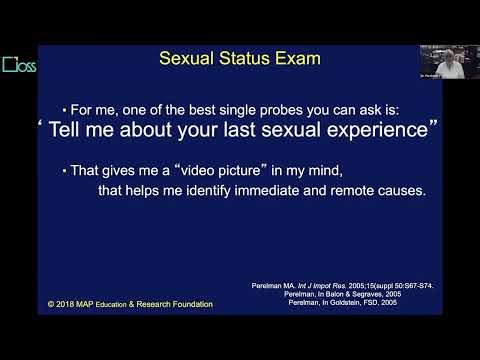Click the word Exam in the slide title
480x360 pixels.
click(x=298, y=58)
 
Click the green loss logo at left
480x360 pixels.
click(x=19, y=68)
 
